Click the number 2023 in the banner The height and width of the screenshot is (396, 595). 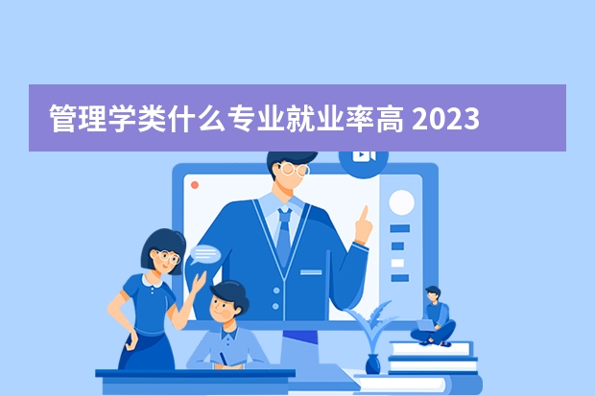[x=445, y=119]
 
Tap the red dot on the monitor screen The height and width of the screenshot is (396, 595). [x=195, y=185]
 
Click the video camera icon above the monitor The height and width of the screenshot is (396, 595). [x=364, y=155]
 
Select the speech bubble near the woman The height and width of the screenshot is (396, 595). [x=205, y=254]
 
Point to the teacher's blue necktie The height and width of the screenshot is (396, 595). [x=284, y=236]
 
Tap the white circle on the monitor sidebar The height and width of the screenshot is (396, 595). [x=401, y=202]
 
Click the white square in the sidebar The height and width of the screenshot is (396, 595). [x=397, y=263]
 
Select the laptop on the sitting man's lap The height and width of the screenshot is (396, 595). [x=426, y=326]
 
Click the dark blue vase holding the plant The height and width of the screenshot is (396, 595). [x=372, y=364]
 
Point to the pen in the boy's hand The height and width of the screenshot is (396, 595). [x=223, y=358]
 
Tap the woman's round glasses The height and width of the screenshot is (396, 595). [x=167, y=257]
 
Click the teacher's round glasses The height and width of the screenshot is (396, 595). [x=294, y=170]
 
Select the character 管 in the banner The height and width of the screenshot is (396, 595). [x=63, y=119]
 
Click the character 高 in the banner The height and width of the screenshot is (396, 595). [x=390, y=119]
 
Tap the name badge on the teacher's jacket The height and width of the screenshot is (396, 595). [x=311, y=272]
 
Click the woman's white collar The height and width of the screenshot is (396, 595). [x=152, y=281]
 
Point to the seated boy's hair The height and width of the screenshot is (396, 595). [x=230, y=293]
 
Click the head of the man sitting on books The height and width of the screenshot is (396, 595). [x=433, y=294]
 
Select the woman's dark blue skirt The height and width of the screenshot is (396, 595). [x=147, y=351]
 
